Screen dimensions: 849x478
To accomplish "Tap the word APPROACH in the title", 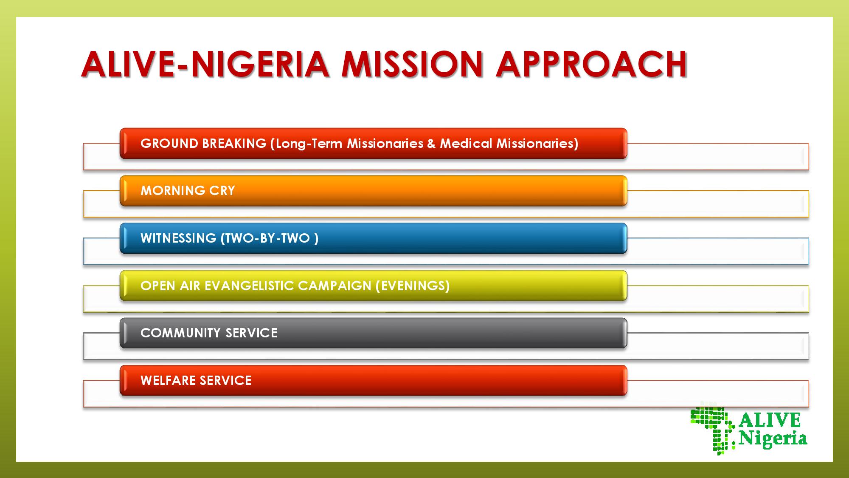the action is pos(591,64).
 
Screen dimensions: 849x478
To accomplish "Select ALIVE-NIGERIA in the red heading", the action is pos(205,64).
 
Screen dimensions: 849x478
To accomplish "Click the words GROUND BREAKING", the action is pos(203,144).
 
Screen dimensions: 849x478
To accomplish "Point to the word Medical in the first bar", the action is pos(466,144).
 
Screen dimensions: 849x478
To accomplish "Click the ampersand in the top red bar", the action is pos(431,144).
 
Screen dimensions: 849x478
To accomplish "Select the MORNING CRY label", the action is pos(188,190).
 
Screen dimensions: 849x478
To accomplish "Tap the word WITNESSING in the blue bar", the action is pos(178,238).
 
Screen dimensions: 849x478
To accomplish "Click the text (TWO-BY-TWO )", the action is pos(270,238).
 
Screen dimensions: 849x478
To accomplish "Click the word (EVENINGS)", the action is pos(413,286).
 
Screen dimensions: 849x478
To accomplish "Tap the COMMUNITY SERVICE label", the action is pos(209,333).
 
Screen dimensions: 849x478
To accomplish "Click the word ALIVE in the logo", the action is pos(770,420).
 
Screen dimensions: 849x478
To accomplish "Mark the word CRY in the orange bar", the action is pos(222,190).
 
